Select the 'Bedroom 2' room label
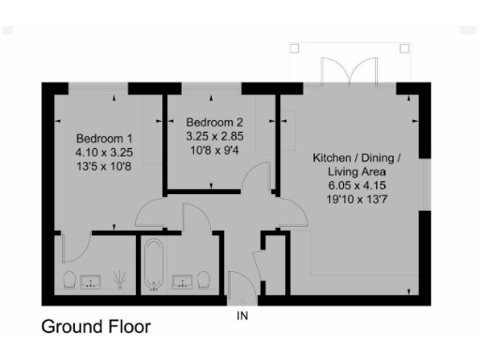pyautogui.click(x=215, y=122)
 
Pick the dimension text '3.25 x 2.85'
pyautogui.click(x=215, y=136)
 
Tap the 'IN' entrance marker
pyautogui.click(x=242, y=316)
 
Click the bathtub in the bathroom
pyautogui.click(x=154, y=268)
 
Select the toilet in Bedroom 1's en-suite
pyautogui.click(x=69, y=280)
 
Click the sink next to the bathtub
pyautogui.click(x=181, y=279)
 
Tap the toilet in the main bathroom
pyautogui.click(x=204, y=279)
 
